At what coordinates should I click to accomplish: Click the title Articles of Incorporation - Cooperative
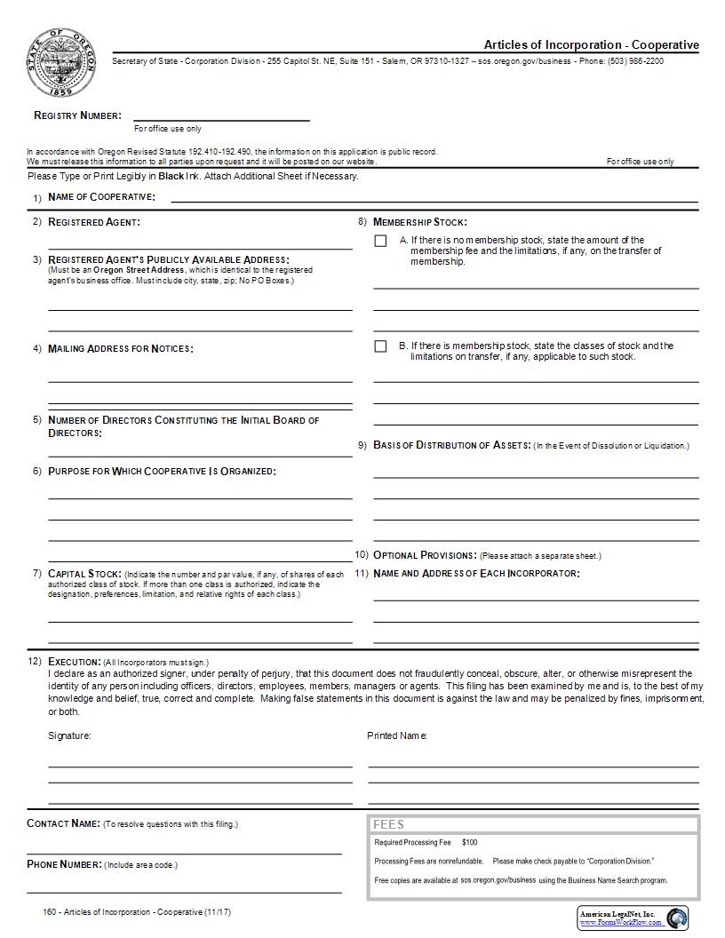[591, 44]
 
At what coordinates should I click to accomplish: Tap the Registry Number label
[77, 115]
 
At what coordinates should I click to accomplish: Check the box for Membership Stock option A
[380, 241]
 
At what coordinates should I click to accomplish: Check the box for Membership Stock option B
[380, 346]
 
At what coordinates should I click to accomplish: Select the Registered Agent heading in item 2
[93, 222]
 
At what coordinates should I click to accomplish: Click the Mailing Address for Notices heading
[120, 348]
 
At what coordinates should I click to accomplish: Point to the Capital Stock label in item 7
[84, 574]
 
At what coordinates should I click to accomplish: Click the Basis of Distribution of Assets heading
[452, 445]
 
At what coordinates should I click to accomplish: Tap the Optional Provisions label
[425, 555]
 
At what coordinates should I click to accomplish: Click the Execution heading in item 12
[74, 662]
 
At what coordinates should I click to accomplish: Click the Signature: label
[69, 735]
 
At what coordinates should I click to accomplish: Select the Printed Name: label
[397, 735]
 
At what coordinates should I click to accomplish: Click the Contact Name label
[63, 823]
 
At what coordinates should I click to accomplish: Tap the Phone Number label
[64, 864]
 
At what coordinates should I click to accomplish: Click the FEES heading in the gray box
[389, 824]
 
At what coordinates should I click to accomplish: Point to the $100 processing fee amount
[469, 842]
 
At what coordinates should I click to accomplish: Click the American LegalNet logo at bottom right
[633, 918]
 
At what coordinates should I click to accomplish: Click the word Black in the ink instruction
[171, 176]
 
